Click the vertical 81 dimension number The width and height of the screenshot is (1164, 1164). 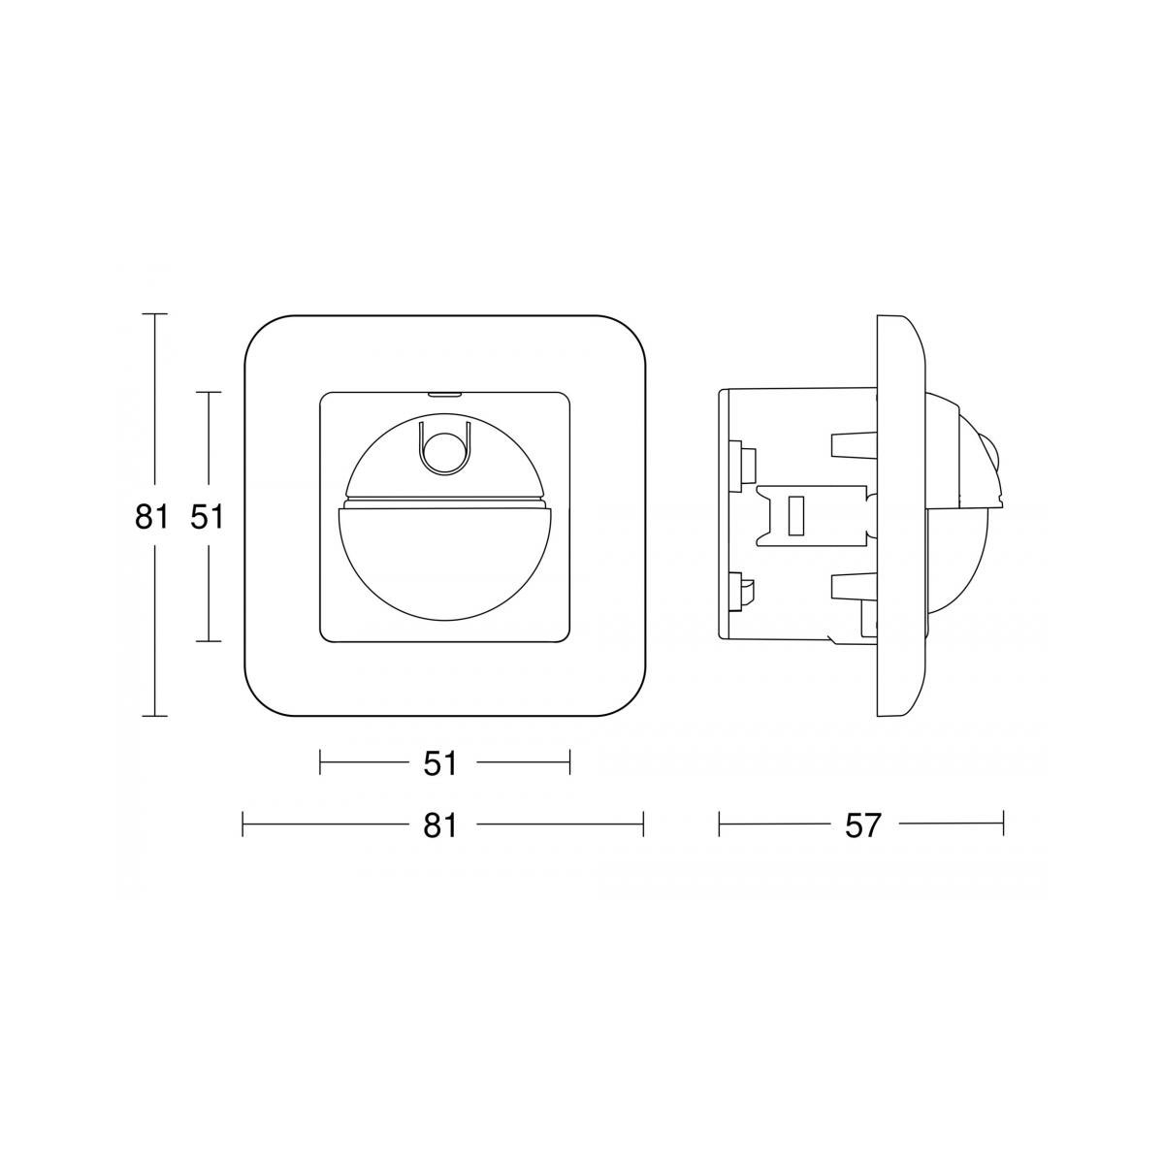tap(151, 517)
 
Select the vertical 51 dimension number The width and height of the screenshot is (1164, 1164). tap(207, 517)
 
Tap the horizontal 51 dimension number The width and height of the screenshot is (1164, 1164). tap(440, 764)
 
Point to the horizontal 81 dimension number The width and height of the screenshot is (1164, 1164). tap(440, 825)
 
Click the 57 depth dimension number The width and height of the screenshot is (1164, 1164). tap(863, 825)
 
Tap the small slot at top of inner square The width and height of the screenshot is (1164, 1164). tap(444, 395)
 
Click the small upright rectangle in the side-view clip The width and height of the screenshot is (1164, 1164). tap(795, 515)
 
